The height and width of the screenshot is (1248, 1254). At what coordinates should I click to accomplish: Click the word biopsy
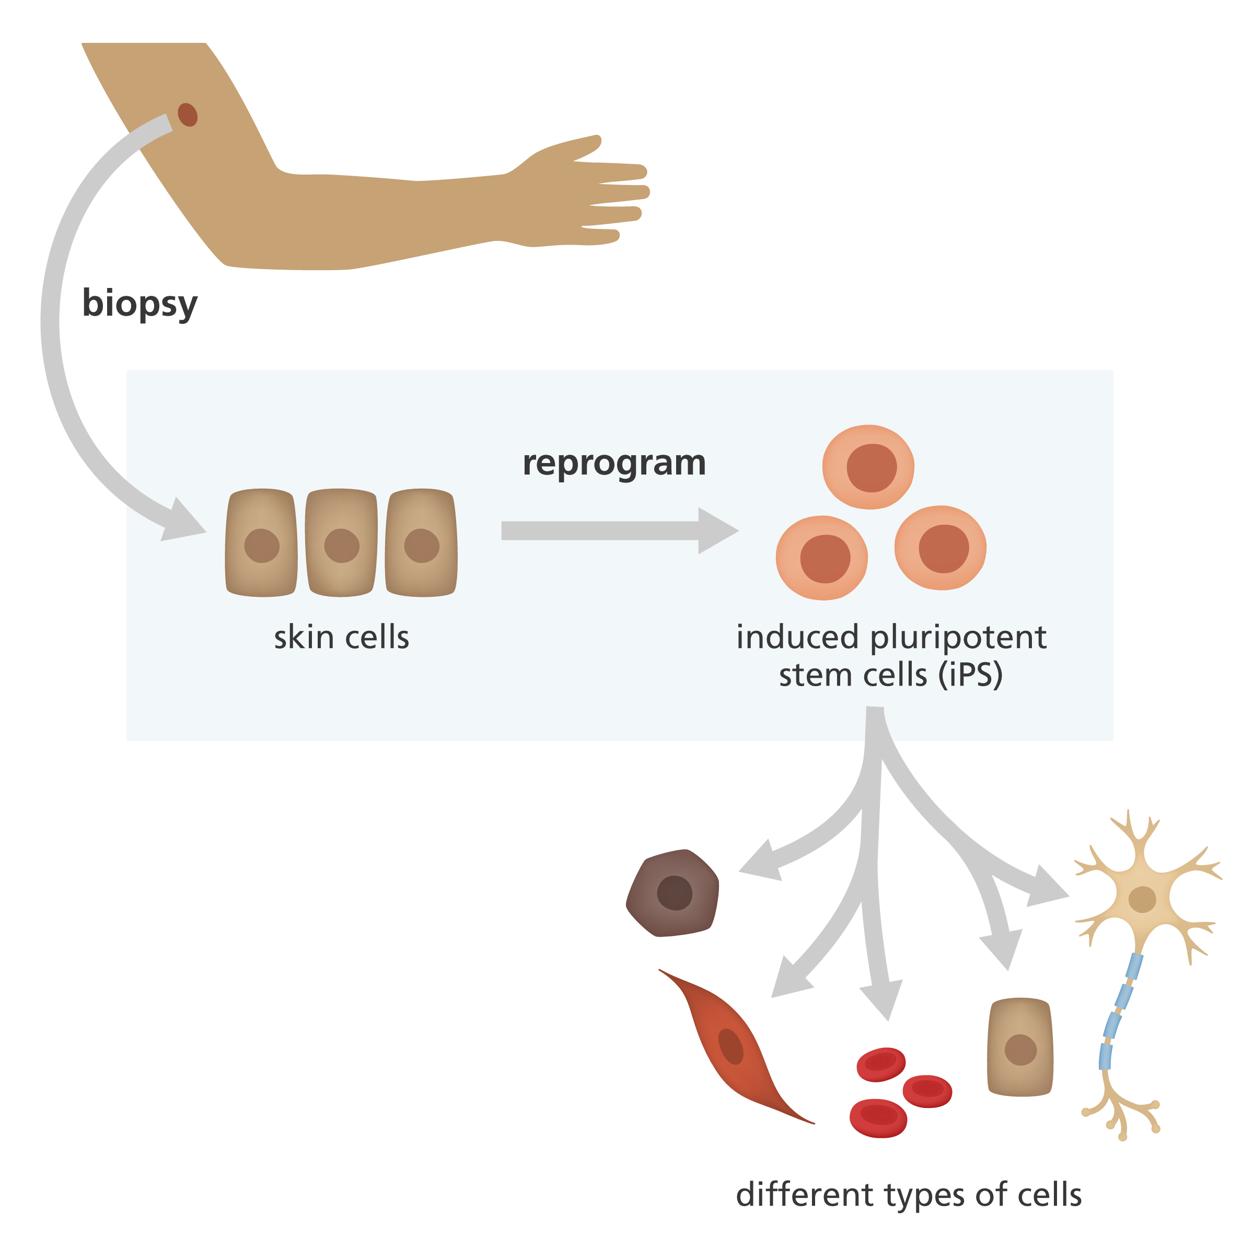(140, 303)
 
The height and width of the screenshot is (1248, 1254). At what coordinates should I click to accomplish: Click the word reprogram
(614, 464)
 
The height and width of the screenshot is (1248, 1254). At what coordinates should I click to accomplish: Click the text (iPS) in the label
(970, 675)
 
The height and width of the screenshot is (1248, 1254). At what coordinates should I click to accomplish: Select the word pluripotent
(958, 637)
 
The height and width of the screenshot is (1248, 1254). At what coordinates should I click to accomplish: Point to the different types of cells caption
(909, 1195)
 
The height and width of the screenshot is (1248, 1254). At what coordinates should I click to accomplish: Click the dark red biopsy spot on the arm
(188, 115)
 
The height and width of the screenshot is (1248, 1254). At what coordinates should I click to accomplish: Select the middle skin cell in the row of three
(341, 543)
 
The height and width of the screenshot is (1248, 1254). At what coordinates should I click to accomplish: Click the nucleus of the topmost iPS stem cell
(871, 468)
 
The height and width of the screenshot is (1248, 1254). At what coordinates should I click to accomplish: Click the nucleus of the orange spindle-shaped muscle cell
(731, 1047)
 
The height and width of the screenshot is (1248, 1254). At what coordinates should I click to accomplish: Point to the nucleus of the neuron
(1142, 900)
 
